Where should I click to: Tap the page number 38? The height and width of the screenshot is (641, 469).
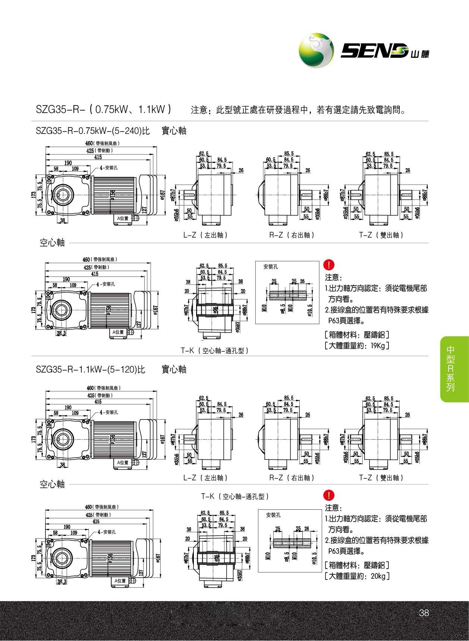[x=424, y=613]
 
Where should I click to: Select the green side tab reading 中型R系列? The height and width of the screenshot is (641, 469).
[x=451, y=369]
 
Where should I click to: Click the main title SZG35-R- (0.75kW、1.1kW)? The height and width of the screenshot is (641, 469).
[x=103, y=109]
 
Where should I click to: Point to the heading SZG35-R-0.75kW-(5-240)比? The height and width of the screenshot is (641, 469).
[x=93, y=131]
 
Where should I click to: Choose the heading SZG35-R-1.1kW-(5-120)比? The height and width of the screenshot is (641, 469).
[x=90, y=370]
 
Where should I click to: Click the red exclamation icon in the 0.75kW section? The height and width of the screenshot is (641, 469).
[x=330, y=265]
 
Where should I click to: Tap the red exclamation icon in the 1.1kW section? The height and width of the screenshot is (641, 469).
[x=330, y=495]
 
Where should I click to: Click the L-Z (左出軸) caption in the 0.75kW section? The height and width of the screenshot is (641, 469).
[x=205, y=235]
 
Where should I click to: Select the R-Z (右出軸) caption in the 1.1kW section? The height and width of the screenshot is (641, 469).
[x=292, y=478]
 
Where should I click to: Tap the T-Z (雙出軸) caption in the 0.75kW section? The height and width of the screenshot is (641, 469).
[x=381, y=235]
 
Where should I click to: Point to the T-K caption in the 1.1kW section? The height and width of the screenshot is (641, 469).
[x=234, y=496]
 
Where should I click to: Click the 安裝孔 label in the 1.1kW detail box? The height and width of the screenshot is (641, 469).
[x=273, y=515]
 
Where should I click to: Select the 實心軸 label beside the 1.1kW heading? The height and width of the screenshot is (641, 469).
[x=174, y=370]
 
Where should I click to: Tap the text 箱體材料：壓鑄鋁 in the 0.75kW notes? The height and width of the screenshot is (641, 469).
[x=357, y=334]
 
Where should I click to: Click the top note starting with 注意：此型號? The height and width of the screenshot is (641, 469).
[x=298, y=110]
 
